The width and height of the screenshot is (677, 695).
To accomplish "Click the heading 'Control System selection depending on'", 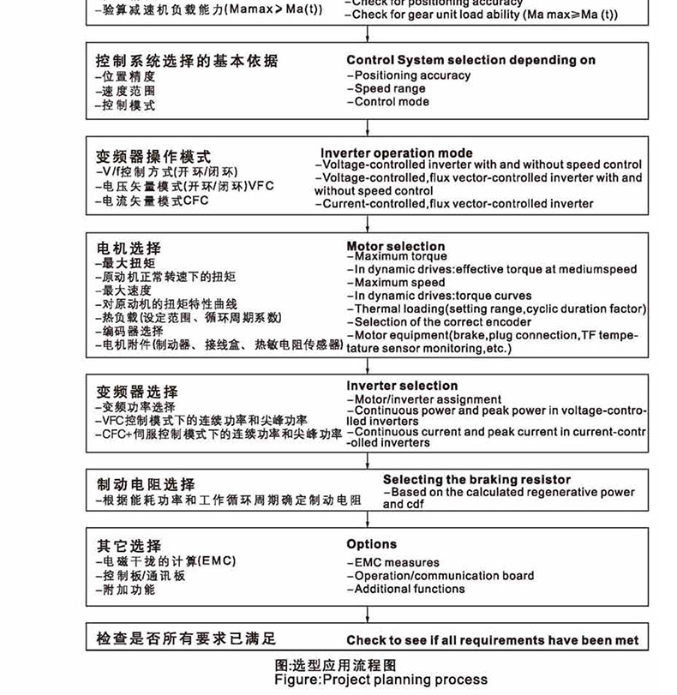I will [470, 60].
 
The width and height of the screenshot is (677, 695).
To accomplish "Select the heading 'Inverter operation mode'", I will [396, 153].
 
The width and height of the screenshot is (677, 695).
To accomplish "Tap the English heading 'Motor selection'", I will [396, 247].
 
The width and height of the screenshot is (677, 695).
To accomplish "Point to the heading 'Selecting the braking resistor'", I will [476, 480].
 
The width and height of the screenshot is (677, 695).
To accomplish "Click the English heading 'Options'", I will [372, 544].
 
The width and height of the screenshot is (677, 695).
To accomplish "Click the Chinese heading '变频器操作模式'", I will [153, 157].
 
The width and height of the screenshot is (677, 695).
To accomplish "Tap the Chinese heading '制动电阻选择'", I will [146, 484].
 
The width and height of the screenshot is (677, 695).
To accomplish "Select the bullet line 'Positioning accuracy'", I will [411, 75].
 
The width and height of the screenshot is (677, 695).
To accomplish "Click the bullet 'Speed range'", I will [389, 88].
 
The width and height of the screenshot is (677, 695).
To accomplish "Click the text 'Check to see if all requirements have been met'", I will [492, 640].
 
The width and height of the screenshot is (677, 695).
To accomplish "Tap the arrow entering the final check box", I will [368, 615].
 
